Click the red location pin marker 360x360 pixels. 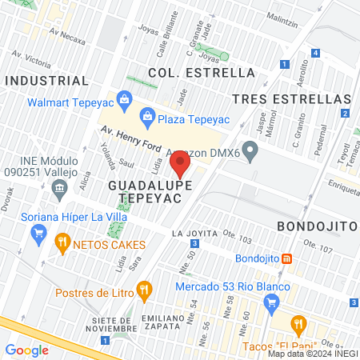point(180,166)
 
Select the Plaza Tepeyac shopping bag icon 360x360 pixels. point(147,117)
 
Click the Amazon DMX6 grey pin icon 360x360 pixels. point(250,150)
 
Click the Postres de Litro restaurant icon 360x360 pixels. point(144,290)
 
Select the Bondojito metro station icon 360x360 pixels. point(286,258)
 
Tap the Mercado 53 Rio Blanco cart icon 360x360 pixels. point(271,302)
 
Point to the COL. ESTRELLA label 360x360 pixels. point(202,73)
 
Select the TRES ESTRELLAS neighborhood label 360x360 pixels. point(291,98)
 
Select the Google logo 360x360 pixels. point(27,350)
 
